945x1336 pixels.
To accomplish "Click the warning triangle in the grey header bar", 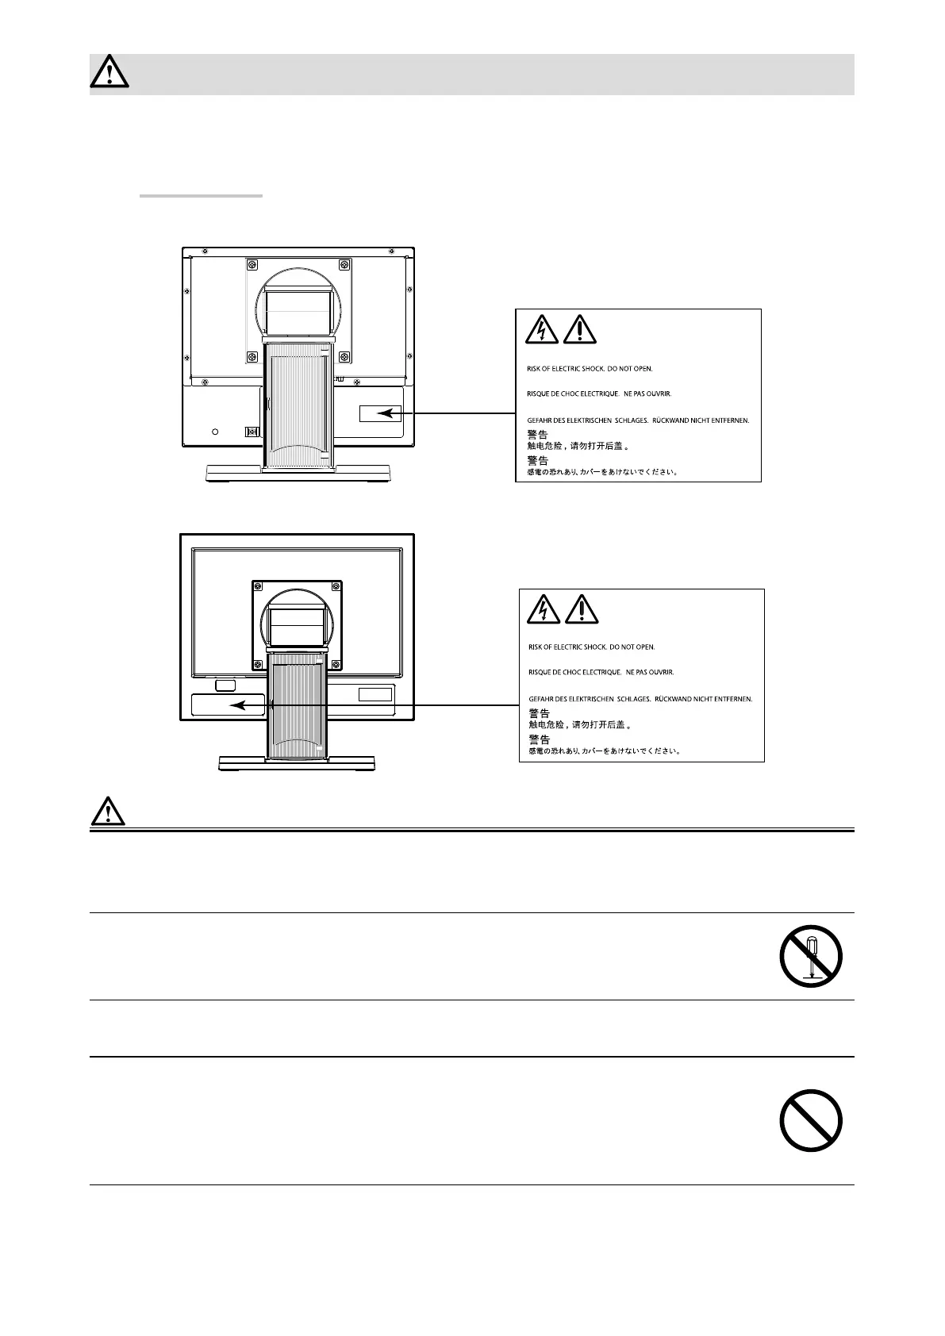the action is tap(109, 73).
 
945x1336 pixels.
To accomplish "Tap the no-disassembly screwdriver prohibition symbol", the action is tap(810, 956).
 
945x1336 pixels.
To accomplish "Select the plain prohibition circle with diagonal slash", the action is tap(810, 1120).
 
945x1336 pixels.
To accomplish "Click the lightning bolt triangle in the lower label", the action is tap(544, 609).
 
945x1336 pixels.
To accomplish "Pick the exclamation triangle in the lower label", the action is tap(582, 609).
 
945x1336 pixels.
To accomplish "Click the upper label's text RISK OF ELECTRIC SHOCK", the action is tap(590, 369).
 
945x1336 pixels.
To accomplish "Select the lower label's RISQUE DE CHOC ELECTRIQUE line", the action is tap(601, 673).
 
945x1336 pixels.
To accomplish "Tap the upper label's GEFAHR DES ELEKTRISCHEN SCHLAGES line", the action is tap(638, 420).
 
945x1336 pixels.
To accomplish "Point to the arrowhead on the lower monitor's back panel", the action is tap(236, 704).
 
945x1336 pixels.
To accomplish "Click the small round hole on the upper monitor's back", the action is tap(216, 432).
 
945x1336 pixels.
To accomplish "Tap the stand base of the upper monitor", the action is tap(298, 474).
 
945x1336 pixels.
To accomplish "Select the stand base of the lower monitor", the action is tap(297, 764).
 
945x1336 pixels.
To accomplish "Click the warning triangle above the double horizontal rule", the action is tap(107, 812).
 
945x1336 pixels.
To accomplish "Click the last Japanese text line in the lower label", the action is tap(604, 751).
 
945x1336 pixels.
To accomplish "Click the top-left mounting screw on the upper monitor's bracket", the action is tap(252, 265).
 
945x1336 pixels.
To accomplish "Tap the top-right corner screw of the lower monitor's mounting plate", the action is tap(336, 588).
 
